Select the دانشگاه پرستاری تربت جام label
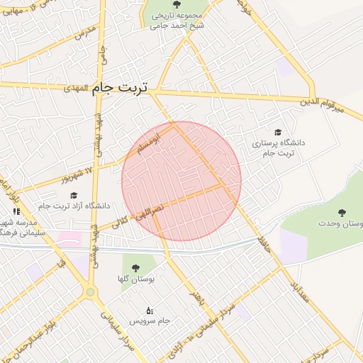[278, 147]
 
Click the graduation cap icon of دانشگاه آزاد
[73, 194]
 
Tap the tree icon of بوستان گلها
[135, 269]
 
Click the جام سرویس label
[149, 321]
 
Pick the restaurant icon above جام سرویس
[149, 311]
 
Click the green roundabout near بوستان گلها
[90, 291]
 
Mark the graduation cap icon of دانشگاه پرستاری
[278, 132]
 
